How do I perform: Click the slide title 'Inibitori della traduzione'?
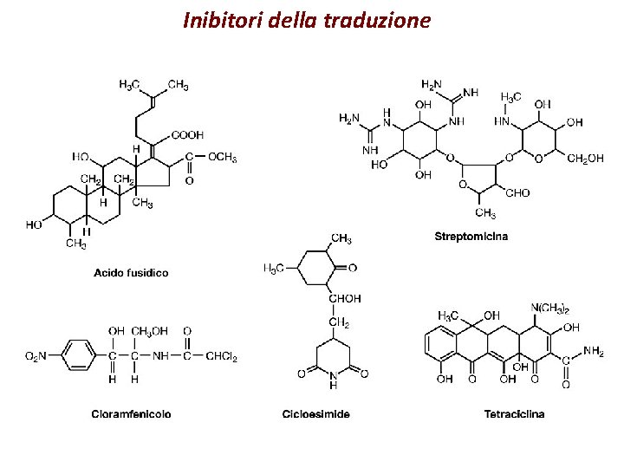[307, 20]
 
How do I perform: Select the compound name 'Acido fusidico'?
[131, 273]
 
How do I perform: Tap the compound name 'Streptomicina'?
[471, 236]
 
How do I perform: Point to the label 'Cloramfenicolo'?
[131, 414]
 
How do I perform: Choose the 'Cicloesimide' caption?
[316, 414]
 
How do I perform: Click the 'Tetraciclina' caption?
[515, 414]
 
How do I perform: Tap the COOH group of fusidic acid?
[188, 135]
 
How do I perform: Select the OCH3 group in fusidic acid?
[222, 157]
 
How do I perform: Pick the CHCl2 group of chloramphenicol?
[222, 355]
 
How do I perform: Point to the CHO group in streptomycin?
[516, 192]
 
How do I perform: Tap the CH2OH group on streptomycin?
[586, 159]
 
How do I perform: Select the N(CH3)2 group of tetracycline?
[549, 309]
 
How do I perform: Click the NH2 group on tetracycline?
[594, 351]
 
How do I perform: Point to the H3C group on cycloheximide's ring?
[274, 269]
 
